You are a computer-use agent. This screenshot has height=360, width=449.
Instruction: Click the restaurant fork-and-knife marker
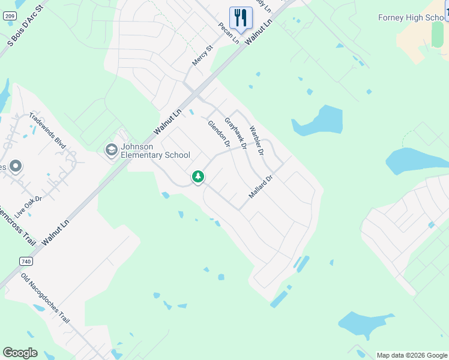coord(241,17)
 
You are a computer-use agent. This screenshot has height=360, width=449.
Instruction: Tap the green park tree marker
coord(198,176)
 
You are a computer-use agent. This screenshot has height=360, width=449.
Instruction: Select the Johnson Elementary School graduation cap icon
coord(111,149)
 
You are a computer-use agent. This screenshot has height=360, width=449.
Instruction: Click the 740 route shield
coord(25,262)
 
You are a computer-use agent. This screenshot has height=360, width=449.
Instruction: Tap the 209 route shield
coord(8,16)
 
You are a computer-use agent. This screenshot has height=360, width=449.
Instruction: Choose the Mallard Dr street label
coord(261,187)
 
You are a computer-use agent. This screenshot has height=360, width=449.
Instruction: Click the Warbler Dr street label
coord(256,140)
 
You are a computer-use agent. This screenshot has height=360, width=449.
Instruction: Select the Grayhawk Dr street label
coord(236,133)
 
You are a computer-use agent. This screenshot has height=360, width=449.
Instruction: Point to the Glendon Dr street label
coord(219,134)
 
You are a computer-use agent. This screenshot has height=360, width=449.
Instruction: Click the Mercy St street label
coord(203,56)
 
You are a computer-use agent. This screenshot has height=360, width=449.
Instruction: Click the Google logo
coord(20,353)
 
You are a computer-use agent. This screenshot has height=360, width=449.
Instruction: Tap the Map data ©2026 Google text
coord(411,355)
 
